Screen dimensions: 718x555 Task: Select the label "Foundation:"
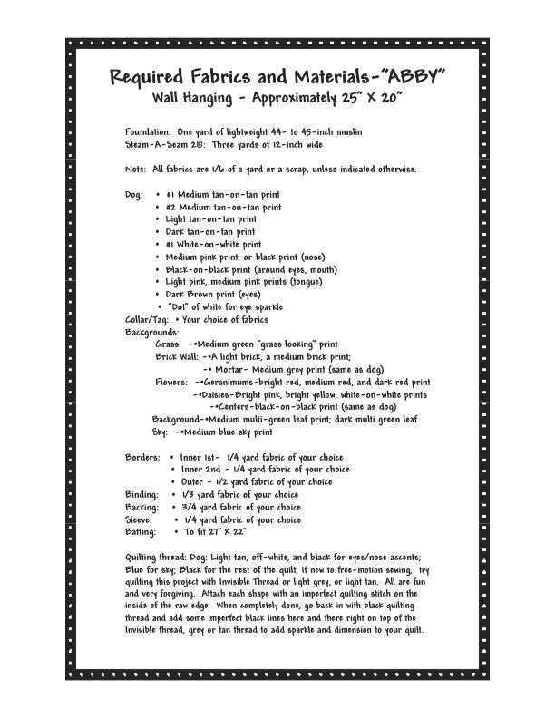click(147, 132)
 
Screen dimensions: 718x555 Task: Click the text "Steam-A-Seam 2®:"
click(166, 144)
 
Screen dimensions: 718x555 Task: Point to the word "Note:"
click(136, 170)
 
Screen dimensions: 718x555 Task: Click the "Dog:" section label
click(134, 194)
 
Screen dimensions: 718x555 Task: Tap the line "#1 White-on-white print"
click(214, 244)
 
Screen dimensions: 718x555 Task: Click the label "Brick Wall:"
click(177, 357)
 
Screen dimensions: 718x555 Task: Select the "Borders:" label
click(143, 458)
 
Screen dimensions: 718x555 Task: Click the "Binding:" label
click(141, 495)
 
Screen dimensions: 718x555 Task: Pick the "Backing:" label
click(141, 508)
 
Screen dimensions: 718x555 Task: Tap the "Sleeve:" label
click(141, 520)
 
